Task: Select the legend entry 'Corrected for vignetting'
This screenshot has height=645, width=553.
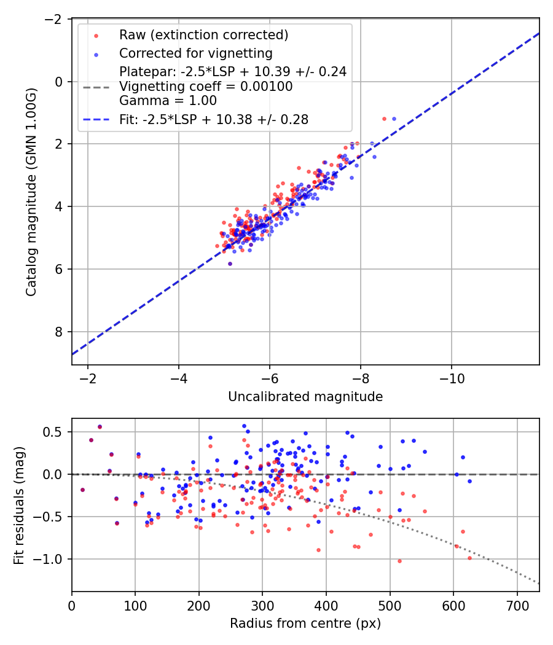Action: [x=196, y=53]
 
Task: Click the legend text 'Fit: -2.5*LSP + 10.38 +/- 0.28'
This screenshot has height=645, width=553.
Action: [x=214, y=120]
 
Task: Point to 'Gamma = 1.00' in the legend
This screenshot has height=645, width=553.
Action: [x=168, y=100]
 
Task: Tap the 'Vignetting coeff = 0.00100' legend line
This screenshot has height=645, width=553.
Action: [x=206, y=87]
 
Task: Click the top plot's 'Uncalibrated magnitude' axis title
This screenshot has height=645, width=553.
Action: [x=305, y=397]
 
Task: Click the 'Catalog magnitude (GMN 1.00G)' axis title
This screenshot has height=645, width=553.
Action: [x=31, y=192]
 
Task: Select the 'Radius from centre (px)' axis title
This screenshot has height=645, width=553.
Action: [x=305, y=623]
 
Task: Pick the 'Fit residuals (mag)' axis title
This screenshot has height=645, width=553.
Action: [x=19, y=505]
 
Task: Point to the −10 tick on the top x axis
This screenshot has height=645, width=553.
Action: [x=452, y=376]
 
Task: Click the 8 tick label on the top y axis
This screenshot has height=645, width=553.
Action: [x=59, y=332]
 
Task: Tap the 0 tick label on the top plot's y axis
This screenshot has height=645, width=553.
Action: [x=59, y=82]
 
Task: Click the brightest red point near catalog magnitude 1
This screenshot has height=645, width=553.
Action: [x=384, y=119]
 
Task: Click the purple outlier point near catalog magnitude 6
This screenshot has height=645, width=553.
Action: [x=230, y=264]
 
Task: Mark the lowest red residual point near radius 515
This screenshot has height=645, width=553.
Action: [x=399, y=561]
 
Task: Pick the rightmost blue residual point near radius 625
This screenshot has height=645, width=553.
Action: [x=469, y=481]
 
